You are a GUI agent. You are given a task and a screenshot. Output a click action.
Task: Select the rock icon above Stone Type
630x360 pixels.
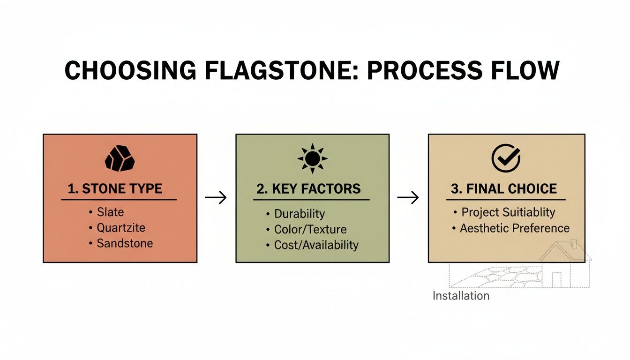[120, 158]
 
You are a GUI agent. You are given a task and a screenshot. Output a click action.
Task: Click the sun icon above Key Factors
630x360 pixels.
[312, 159]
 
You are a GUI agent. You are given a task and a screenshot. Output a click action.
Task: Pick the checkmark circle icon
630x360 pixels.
[506, 158]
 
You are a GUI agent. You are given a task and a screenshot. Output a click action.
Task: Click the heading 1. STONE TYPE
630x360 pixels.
[115, 189]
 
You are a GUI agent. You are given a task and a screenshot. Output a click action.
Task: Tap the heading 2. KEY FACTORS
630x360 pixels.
[308, 189]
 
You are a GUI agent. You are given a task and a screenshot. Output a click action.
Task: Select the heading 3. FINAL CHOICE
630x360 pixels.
[503, 189]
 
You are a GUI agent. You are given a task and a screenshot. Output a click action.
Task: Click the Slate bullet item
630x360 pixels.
[110, 212]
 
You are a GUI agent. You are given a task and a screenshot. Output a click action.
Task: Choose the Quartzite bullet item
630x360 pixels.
[120, 228]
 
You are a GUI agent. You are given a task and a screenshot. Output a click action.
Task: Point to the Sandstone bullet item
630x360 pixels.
[124, 243]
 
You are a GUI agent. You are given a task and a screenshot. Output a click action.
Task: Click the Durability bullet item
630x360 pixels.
[299, 214]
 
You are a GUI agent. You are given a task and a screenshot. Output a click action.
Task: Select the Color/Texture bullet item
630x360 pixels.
[310, 229]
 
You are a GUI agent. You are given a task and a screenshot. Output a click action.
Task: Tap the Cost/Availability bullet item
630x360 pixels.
[316, 245]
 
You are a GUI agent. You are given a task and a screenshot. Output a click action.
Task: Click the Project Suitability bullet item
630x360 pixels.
[508, 212]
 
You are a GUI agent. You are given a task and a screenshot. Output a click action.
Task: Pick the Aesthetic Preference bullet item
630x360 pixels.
[514, 228]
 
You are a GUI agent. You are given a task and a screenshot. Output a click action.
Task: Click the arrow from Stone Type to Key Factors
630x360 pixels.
[216, 198]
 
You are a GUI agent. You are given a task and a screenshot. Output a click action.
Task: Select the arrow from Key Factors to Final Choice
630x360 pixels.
[408, 198]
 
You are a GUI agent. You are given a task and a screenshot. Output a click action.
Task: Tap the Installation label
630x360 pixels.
[461, 296]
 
